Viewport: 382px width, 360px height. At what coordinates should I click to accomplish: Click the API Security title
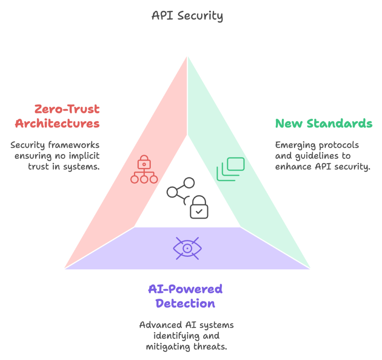click(x=187, y=16)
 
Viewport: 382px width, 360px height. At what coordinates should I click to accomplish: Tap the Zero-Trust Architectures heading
click(x=57, y=117)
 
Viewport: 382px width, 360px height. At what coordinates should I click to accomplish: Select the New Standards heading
click(x=323, y=123)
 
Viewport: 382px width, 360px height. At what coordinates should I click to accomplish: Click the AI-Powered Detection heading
click(x=185, y=296)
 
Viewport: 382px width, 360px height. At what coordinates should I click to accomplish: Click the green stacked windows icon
click(x=231, y=169)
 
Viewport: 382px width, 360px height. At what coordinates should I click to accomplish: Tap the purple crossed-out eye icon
click(x=187, y=248)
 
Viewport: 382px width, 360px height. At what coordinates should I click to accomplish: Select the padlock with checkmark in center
click(x=199, y=208)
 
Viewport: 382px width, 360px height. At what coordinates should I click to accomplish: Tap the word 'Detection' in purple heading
click(x=185, y=303)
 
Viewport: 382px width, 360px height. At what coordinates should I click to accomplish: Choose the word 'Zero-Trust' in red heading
click(x=67, y=110)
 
